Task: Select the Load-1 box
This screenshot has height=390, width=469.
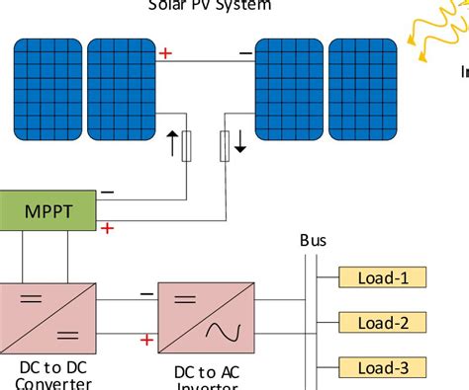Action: (x=383, y=277)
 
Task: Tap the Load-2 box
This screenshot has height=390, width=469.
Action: (x=383, y=322)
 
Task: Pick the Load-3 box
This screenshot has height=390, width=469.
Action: (x=383, y=368)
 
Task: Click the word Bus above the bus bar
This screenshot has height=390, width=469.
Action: (x=313, y=241)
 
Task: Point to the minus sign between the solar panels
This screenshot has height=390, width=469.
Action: (x=243, y=52)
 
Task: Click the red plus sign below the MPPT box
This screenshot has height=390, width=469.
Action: (x=108, y=228)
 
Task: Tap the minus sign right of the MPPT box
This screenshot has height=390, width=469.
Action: (x=107, y=192)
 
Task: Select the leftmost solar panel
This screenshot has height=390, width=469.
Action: (x=47, y=89)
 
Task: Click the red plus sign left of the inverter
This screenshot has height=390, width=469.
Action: (x=146, y=340)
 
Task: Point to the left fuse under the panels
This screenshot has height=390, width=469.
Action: (x=188, y=148)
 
